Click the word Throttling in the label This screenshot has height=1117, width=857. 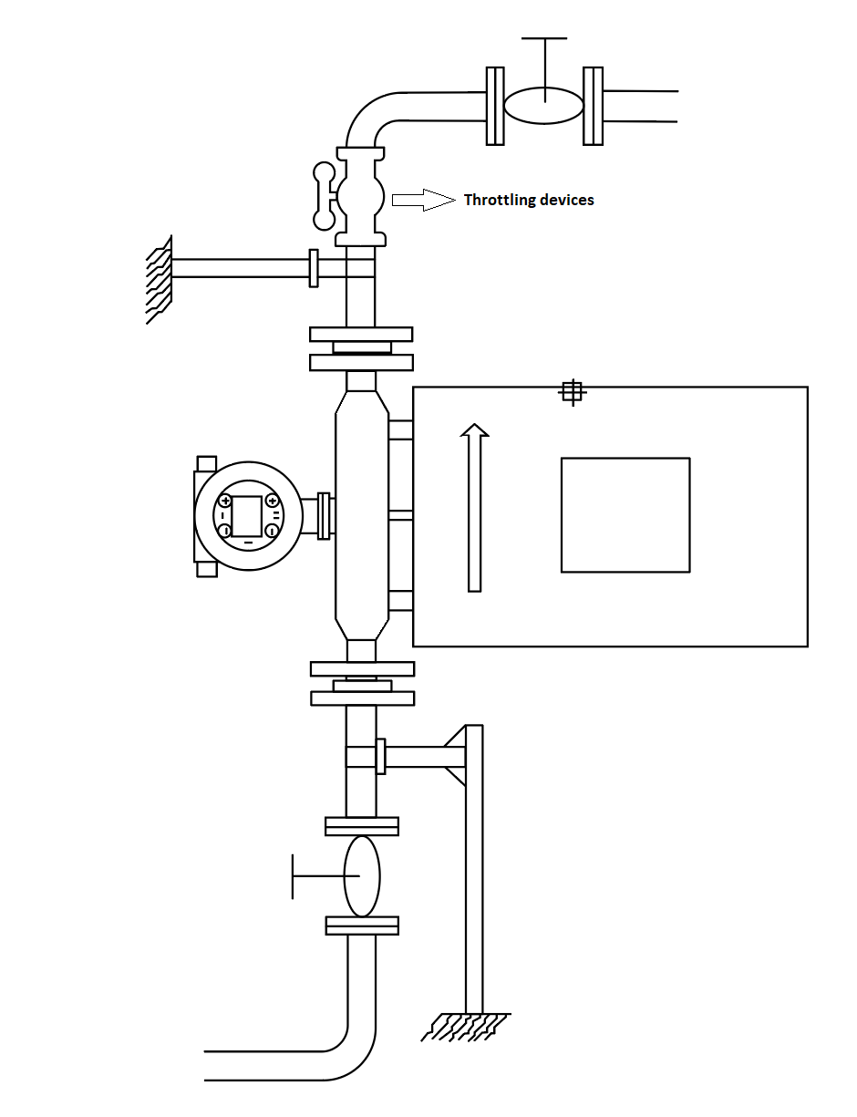point(497,200)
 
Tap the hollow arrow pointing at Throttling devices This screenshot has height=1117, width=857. point(423,200)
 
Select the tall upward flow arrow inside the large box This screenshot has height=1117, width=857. point(474,507)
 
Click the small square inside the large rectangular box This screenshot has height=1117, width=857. point(625,514)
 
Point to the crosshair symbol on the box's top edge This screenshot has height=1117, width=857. point(573,393)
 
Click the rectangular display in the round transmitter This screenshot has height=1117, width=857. point(247,516)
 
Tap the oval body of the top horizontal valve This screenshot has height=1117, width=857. point(543,106)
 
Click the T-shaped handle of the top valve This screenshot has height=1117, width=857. point(544,62)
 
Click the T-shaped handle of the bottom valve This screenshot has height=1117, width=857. point(318,876)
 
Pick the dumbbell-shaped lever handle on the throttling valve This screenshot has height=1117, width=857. point(325,196)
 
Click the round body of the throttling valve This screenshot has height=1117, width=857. point(361,196)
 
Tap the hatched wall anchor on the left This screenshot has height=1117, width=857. point(160,279)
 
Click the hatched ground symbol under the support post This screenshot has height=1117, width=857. point(466,1027)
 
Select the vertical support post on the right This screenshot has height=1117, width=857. point(474,869)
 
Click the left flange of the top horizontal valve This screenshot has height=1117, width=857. point(495,106)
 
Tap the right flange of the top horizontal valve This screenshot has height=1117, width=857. point(593,106)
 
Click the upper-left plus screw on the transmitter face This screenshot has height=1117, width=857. point(225,501)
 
